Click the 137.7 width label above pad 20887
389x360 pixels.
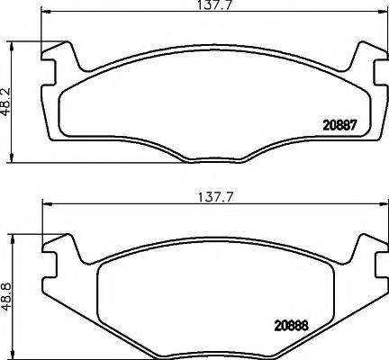[210, 7]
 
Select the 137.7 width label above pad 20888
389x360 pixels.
[210, 193]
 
